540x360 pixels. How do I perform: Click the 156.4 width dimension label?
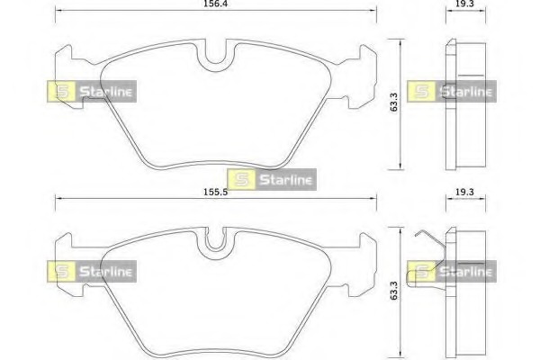coord(214,4)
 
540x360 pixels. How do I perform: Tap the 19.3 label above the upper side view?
coord(464,4)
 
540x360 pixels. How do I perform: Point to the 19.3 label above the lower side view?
coord(464,193)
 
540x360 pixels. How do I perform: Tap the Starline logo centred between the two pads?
coord(272,178)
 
